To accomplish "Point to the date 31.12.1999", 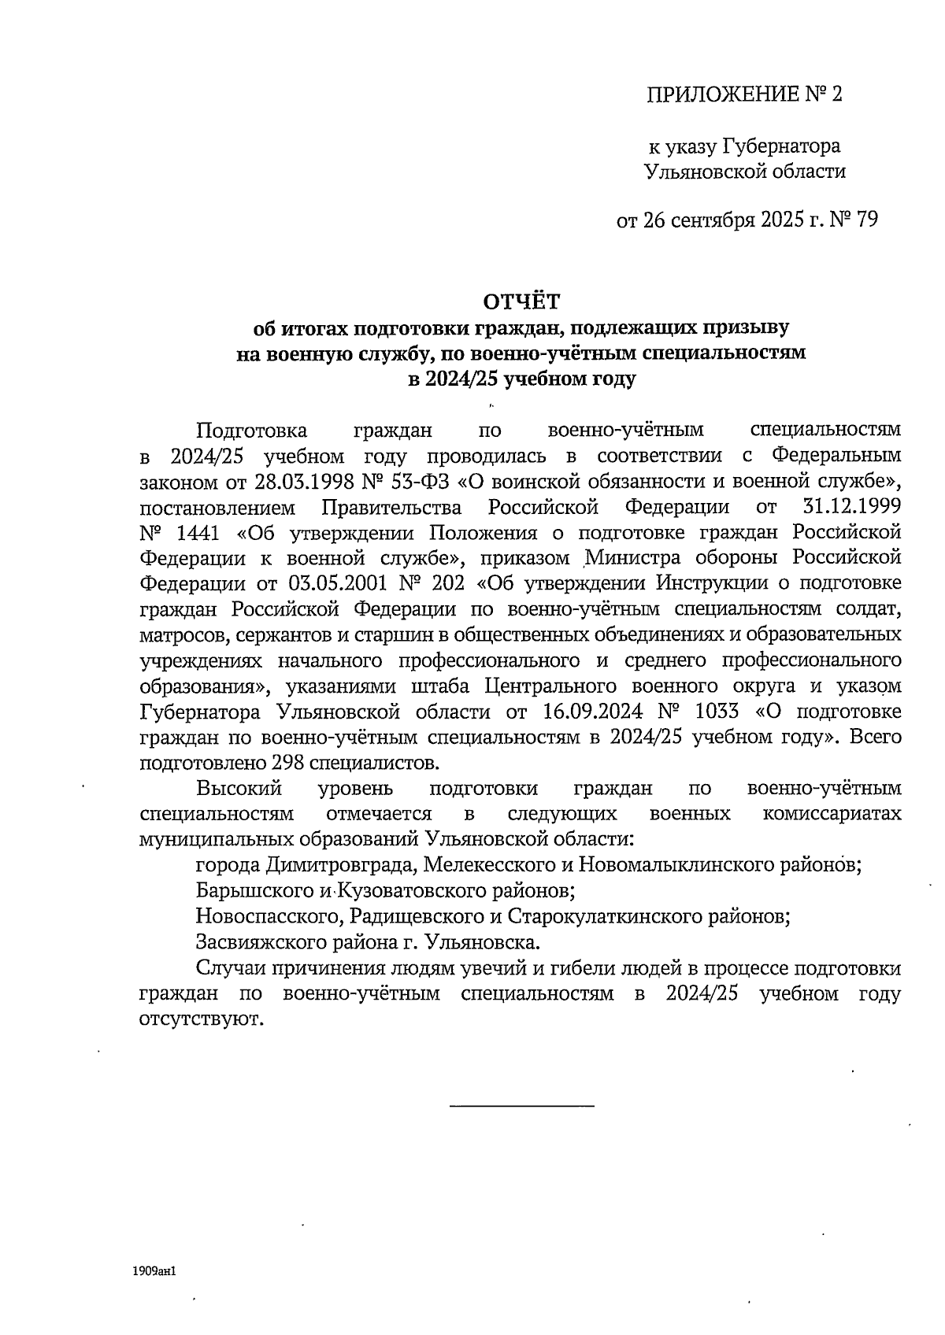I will point(854,507).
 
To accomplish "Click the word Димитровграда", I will point(339,865).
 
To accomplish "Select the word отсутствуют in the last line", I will point(199,1019).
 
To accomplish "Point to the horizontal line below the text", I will point(521,1107).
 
